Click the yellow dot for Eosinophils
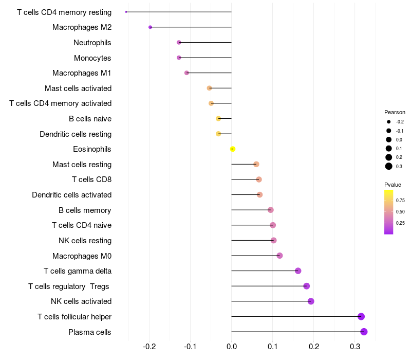(233, 149)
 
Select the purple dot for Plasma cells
(364, 332)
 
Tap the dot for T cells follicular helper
(361, 316)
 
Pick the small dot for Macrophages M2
(150, 27)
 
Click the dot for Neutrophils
(179, 42)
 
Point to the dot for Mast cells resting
(256, 164)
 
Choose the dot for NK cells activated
(311, 301)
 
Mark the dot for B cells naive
(218, 119)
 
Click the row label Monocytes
(92, 58)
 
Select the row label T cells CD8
(92, 179)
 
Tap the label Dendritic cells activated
(72, 195)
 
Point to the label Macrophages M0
(82, 256)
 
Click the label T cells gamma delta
(78, 271)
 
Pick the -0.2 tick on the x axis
(150, 347)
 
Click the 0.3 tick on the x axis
(355, 347)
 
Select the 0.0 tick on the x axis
(232, 347)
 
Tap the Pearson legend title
(395, 112)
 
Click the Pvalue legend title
(393, 185)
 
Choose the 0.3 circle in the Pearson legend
(389, 166)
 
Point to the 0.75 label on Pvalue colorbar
(400, 201)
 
